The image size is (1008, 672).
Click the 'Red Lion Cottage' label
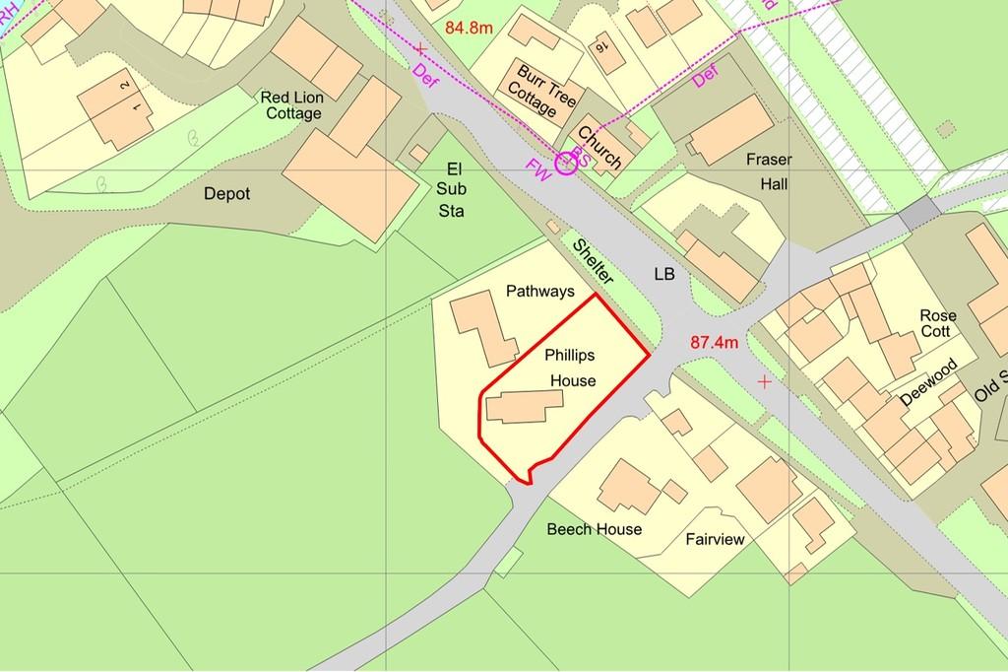tap(291, 105)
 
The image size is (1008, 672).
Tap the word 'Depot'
tap(226, 194)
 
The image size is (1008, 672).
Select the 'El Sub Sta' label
tap(454, 190)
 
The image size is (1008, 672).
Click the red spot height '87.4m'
tap(714, 343)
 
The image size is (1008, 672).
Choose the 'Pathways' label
tap(539, 292)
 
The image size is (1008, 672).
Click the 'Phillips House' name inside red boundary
tap(571, 368)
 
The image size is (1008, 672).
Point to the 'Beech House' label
tap(595, 529)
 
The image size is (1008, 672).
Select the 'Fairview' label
tap(716, 540)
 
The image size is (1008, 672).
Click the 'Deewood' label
tap(927, 386)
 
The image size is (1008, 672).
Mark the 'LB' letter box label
tap(664, 273)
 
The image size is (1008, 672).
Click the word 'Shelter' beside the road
tap(593, 262)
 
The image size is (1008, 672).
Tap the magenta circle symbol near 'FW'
tap(566, 164)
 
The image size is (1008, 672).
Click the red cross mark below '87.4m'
tap(764, 381)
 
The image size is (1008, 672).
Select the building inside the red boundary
tap(523, 406)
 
